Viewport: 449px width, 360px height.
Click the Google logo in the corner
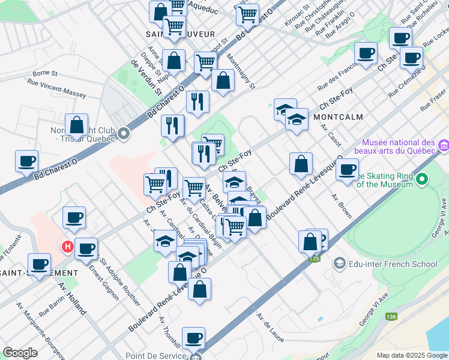[20, 353]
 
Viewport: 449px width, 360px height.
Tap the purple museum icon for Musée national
[444, 146]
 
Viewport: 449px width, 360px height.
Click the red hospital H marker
[68, 246]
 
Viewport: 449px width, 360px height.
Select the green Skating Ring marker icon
[423, 179]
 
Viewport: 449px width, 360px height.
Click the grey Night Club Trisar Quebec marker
[124, 133]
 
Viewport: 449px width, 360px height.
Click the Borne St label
[44, 73]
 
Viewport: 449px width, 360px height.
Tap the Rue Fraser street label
[433, 100]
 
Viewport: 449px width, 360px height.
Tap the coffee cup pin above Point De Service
[193, 339]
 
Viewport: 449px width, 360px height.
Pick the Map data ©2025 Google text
[411, 355]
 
